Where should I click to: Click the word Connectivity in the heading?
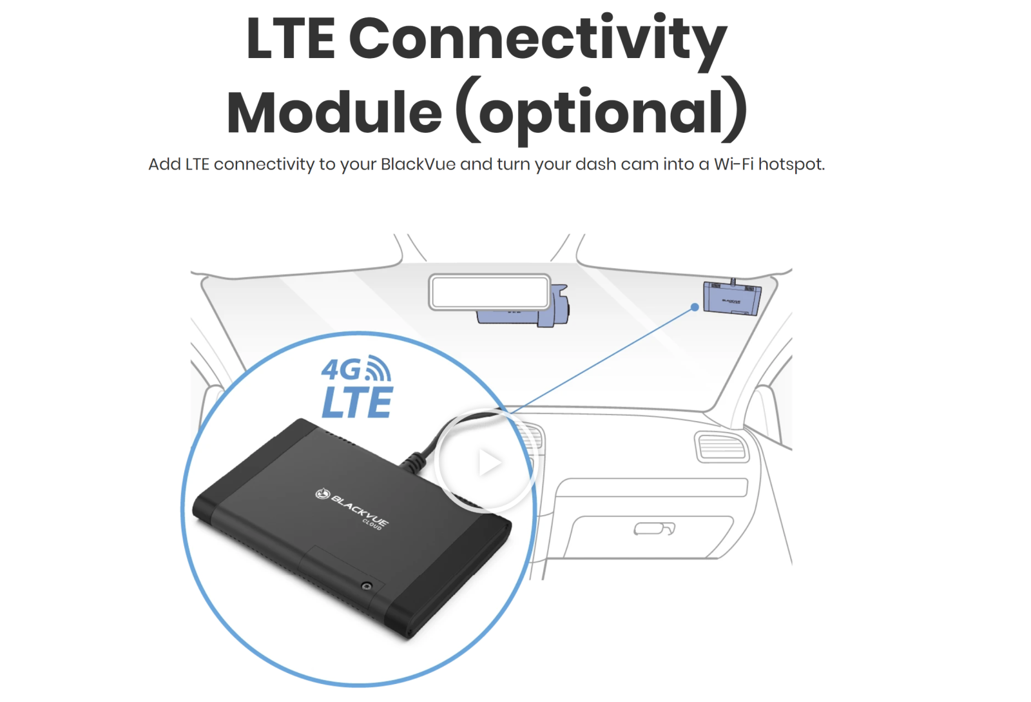tap(537, 42)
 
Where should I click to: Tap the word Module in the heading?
tap(334, 112)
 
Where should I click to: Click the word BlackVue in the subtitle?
tap(418, 164)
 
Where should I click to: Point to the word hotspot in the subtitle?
tap(791, 165)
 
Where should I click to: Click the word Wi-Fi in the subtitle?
tap(734, 164)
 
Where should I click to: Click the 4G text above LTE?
tap(341, 369)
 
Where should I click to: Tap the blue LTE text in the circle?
tap(357, 402)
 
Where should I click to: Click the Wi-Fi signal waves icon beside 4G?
tap(378, 368)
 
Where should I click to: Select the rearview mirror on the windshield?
tap(490, 292)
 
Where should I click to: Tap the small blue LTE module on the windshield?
tap(732, 298)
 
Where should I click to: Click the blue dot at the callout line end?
tap(695, 307)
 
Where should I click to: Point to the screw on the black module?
tap(367, 586)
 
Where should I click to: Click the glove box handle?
tap(654, 529)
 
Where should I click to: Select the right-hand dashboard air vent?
tap(722, 447)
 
